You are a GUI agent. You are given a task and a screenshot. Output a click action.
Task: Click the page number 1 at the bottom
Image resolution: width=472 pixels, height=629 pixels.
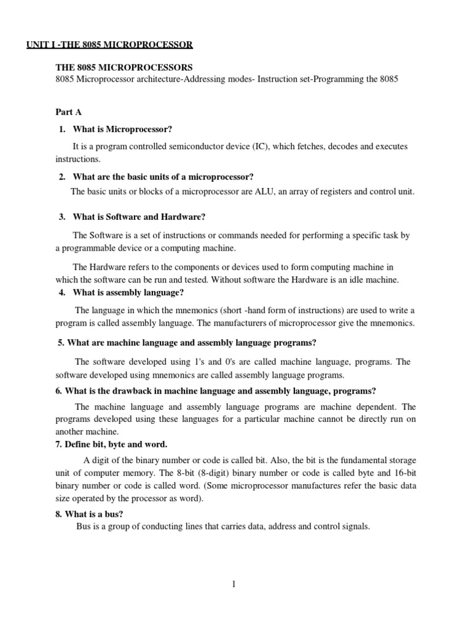(x=234, y=584)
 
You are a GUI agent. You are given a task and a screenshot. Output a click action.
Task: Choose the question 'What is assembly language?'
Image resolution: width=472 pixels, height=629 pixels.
(x=128, y=292)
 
